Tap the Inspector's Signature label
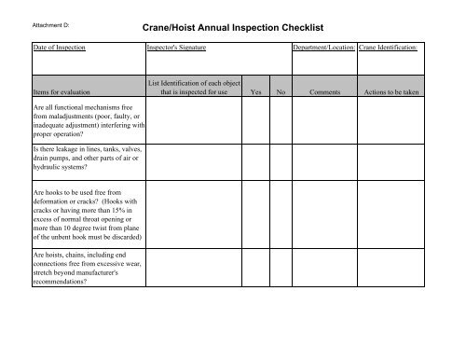pos(176,45)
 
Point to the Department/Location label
pos(323,45)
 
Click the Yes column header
pos(255,93)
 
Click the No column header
pos(281,93)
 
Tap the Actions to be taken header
pos(391,93)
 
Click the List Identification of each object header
pos(193,89)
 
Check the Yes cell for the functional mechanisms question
pos(255,122)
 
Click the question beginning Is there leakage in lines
pos(87,158)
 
